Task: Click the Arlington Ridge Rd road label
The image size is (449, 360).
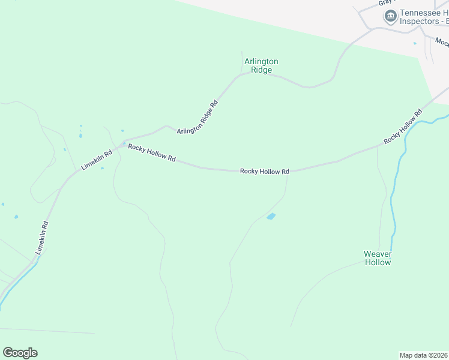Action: pos(197,117)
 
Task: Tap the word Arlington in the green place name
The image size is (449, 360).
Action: pos(261,61)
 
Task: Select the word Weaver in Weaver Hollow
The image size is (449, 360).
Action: pos(378,254)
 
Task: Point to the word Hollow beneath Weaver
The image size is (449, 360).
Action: pos(378,262)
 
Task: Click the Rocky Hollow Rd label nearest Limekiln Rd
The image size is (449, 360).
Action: pos(151,153)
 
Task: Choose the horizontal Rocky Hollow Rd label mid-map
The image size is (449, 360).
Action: pos(265,171)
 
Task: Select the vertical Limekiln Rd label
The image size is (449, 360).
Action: pos(41,238)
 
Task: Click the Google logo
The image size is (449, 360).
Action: pos(20,353)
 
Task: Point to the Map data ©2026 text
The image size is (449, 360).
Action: pos(424,355)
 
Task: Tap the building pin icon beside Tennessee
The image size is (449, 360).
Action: pos(391,16)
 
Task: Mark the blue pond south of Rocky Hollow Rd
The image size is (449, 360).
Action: pos(271,216)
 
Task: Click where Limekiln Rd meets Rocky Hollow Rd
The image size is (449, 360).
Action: pos(119,145)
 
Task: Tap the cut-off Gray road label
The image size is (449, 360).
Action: pos(384,3)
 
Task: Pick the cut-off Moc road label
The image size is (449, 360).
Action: pos(442,42)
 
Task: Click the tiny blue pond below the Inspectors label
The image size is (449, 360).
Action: pos(414,43)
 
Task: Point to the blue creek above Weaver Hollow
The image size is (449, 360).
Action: pos(393,198)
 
